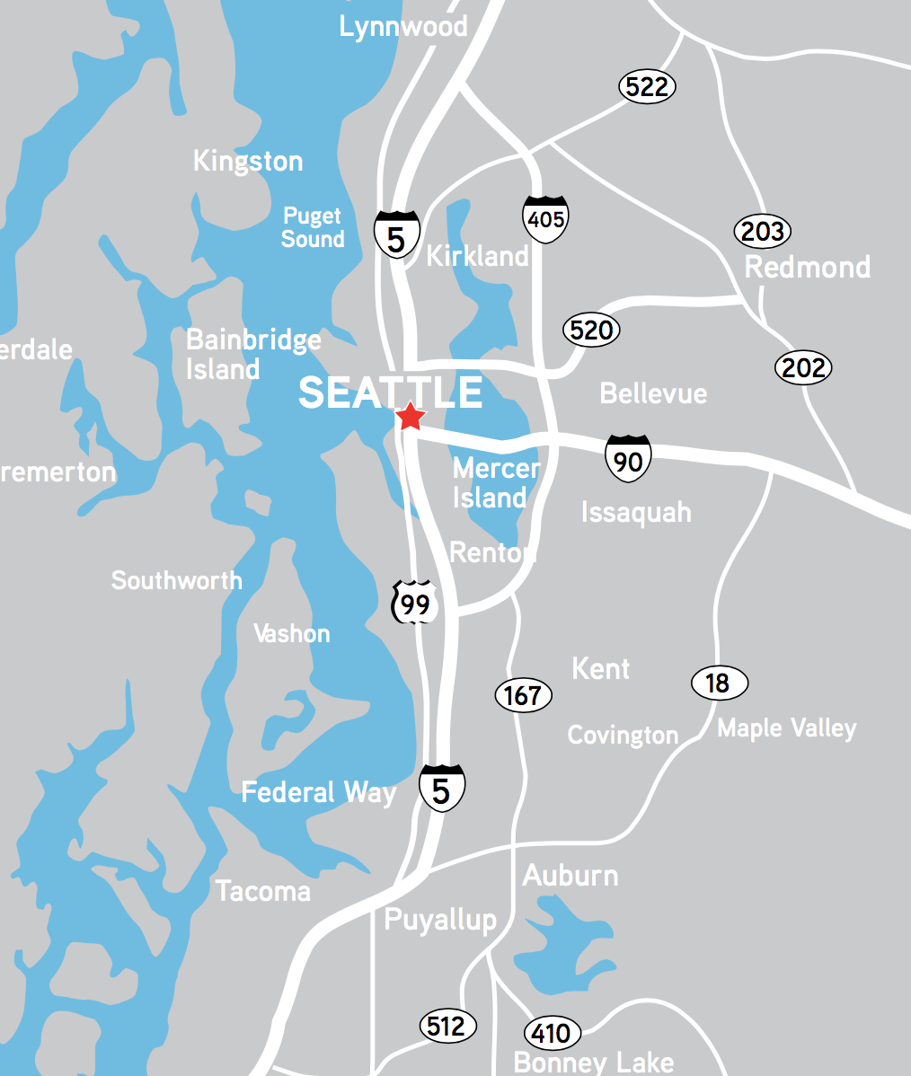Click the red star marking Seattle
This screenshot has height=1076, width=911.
point(410,416)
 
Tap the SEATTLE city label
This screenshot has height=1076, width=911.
point(390,392)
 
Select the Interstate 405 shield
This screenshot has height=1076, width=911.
point(545,217)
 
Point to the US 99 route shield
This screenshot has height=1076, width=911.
point(415,604)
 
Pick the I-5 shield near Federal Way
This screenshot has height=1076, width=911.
point(441,789)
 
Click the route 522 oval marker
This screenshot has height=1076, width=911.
point(647,87)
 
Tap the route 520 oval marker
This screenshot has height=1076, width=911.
point(591,331)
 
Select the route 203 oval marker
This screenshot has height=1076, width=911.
point(763,232)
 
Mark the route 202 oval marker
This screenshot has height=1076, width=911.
point(803,367)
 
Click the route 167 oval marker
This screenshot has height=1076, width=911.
point(523,695)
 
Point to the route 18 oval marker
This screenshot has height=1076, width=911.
point(719,684)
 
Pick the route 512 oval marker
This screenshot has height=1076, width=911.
point(447,1026)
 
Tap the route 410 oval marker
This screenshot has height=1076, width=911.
point(552,1034)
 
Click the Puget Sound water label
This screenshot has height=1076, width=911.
point(313,227)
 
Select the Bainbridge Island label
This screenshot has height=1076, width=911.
point(252,354)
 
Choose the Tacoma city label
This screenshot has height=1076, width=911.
point(263,891)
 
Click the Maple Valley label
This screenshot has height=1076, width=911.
point(786,728)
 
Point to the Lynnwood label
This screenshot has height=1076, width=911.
point(403,26)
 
